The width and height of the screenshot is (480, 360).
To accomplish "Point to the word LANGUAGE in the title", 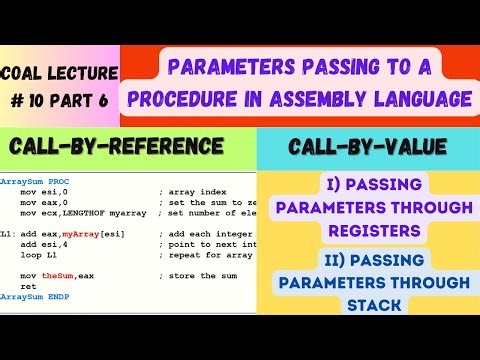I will pyautogui.click(x=420, y=100).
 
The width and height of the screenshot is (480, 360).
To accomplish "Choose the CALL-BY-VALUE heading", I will pyautogui.click(x=367, y=148).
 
